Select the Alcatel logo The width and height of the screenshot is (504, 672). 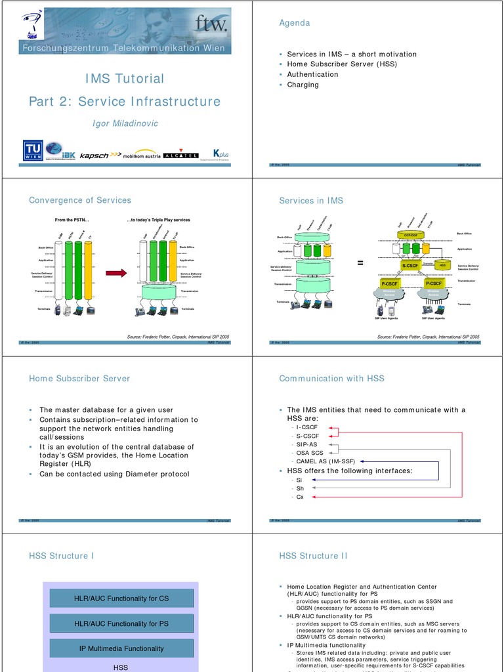180,156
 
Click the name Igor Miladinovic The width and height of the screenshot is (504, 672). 125,123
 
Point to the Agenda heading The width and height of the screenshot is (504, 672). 295,23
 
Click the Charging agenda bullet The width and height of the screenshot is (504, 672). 303,85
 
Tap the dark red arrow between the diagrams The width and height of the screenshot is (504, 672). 115,273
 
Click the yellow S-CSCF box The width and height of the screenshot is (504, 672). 410,266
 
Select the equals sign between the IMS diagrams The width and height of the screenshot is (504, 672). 360,263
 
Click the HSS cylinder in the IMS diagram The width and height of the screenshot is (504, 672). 442,265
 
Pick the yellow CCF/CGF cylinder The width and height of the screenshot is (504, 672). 411,234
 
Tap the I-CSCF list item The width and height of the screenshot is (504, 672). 307,427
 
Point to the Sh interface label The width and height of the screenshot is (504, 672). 301,488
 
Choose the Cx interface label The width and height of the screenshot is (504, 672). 301,497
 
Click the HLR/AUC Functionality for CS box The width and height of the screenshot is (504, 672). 121,598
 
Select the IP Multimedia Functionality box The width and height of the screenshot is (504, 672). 121,648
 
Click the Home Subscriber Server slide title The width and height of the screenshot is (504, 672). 79,379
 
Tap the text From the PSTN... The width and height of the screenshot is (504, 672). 72,220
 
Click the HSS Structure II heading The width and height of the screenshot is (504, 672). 313,556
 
